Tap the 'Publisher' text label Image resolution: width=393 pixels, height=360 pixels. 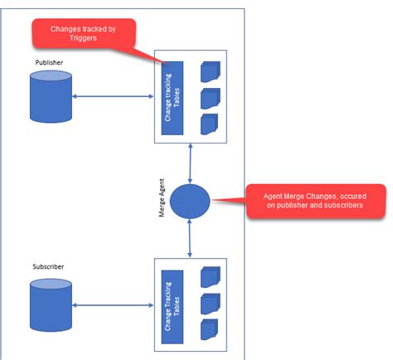(49, 63)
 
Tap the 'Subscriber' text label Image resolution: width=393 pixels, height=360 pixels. (49, 268)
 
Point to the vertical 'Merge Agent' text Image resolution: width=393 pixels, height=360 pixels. (163, 200)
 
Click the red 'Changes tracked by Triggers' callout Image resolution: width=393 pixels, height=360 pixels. (82, 34)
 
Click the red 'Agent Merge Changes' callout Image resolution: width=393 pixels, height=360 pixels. (316, 201)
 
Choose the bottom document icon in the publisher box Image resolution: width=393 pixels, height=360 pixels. (210, 124)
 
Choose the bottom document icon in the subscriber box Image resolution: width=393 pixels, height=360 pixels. (210, 328)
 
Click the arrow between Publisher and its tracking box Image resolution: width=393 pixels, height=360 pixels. (113, 98)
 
